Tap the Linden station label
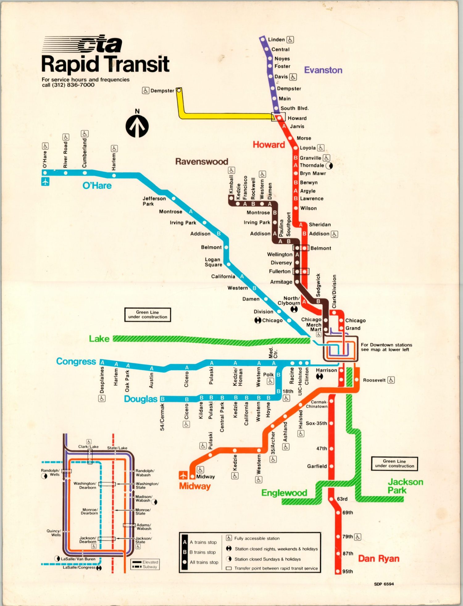click(x=276, y=39)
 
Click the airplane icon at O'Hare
click(x=45, y=182)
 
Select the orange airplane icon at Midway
click(x=183, y=475)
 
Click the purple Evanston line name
click(x=323, y=70)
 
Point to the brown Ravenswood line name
click(x=202, y=161)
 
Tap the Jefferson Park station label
click(x=154, y=201)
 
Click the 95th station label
click(x=348, y=571)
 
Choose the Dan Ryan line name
click(x=378, y=558)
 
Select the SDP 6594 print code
click(x=384, y=584)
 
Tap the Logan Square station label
click(x=213, y=262)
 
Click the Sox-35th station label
click(x=316, y=423)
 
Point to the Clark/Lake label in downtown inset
click(x=88, y=446)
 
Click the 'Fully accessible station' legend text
click(x=257, y=538)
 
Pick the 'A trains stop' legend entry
click(x=203, y=542)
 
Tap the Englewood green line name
click(x=284, y=493)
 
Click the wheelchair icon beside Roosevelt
click(x=391, y=380)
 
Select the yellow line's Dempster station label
click(x=162, y=91)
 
